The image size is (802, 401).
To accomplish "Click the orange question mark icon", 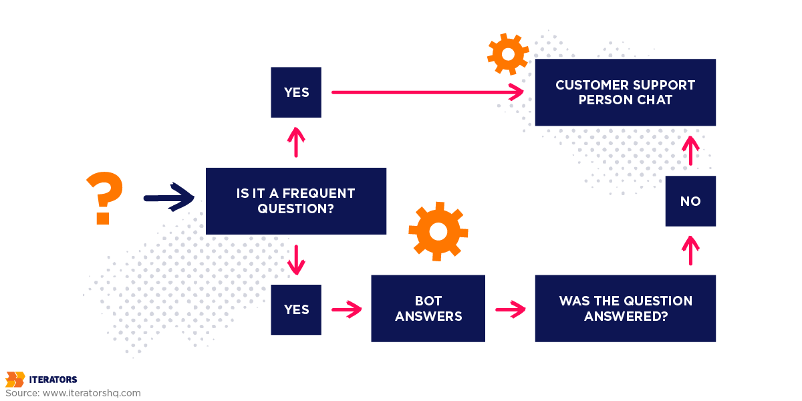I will pyautogui.click(x=105, y=197).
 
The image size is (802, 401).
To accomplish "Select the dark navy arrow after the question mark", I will pyautogui.click(x=168, y=197).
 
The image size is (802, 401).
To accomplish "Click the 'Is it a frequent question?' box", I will pyautogui.click(x=295, y=201).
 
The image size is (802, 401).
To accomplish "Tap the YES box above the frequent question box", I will pyautogui.click(x=296, y=92).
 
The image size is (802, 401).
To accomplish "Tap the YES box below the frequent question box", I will pyautogui.click(x=296, y=309).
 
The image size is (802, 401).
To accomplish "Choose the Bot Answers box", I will pyautogui.click(x=428, y=309).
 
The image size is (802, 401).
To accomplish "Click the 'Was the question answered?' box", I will pyautogui.click(x=625, y=309).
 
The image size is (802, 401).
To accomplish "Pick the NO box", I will pyautogui.click(x=690, y=201).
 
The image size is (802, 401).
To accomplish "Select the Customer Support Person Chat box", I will pyautogui.click(x=625, y=92).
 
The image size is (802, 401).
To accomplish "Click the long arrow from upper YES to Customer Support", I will pyautogui.click(x=428, y=92).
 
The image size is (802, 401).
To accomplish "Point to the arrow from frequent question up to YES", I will pyautogui.click(x=296, y=142).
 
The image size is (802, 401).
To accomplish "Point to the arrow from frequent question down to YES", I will pyautogui.click(x=296, y=260).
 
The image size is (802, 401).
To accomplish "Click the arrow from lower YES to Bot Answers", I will pyautogui.click(x=346, y=309).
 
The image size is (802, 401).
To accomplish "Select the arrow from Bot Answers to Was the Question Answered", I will pyautogui.click(x=510, y=309).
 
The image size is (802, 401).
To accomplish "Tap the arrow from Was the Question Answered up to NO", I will pyautogui.click(x=690, y=251).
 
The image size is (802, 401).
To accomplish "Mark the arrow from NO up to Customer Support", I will pyautogui.click(x=690, y=150).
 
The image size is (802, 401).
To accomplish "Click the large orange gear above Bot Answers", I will pyautogui.click(x=438, y=231).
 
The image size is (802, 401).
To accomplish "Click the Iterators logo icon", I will pyautogui.click(x=15, y=380).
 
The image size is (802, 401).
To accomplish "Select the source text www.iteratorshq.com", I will pyautogui.click(x=92, y=393).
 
